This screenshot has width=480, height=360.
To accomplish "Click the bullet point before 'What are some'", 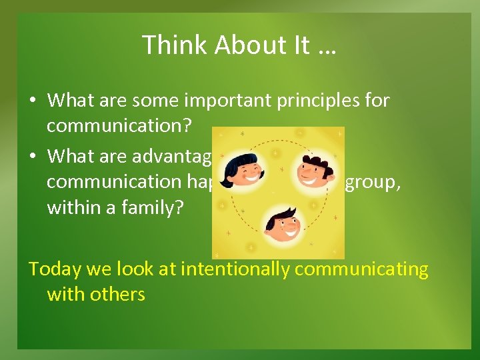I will point(33,101).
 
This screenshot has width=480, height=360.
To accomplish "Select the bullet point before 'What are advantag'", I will point(33,157).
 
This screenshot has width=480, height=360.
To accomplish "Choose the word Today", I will point(54,269).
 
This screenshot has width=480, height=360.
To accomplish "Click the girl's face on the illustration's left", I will point(243,172).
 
